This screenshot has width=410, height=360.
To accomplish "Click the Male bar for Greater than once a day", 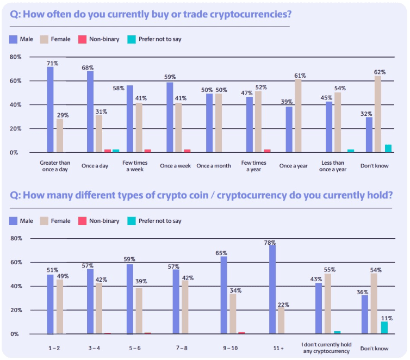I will point(50,109).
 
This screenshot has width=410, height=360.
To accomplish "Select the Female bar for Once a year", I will point(298,116).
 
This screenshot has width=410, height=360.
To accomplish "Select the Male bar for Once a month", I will point(209,123).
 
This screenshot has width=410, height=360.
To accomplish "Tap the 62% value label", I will point(379,71).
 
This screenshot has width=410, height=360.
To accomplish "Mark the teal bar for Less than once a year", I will point(351,151).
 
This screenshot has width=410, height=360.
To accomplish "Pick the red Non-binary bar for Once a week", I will point(187,151).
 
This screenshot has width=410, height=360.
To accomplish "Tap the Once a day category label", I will point(98,166).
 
